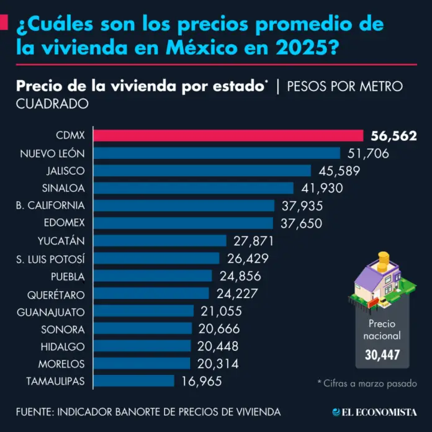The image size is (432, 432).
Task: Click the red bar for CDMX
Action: [230, 135]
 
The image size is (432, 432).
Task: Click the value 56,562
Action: [394, 136]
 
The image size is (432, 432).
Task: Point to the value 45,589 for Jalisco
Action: [338, 171]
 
